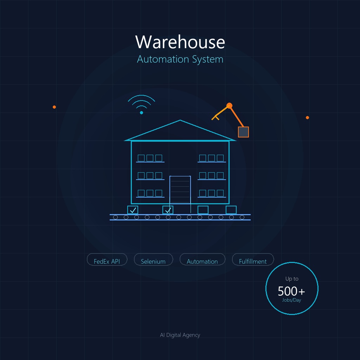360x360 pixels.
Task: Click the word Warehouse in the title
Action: coord(180,42)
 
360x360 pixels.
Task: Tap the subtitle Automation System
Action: coord(180,59)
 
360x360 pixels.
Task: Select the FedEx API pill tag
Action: coord(107,261)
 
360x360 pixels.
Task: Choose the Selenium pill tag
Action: coord(153,261)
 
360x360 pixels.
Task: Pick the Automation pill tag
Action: coord(202,261)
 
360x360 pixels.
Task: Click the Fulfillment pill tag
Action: coord(253,261)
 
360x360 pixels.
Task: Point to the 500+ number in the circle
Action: coord(291,291)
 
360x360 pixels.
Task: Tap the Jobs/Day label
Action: coord(291,300)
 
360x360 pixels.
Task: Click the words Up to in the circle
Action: coord(292,279)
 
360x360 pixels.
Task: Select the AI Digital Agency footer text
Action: coord(180,335)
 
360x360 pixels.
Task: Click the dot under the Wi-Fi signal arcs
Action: coord(141,112)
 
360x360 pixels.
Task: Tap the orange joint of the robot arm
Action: coord(230,105)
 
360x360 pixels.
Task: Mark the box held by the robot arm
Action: coord(243,132)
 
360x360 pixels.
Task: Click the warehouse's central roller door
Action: coord(180,190)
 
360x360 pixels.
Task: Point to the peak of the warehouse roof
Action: coord(180,121)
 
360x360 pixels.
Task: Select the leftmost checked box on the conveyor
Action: coord(133,210)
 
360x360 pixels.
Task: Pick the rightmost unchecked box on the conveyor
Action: coord(231,210)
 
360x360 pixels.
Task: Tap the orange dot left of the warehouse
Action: coord(54,107)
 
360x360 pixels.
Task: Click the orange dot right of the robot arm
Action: coord(307,117)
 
